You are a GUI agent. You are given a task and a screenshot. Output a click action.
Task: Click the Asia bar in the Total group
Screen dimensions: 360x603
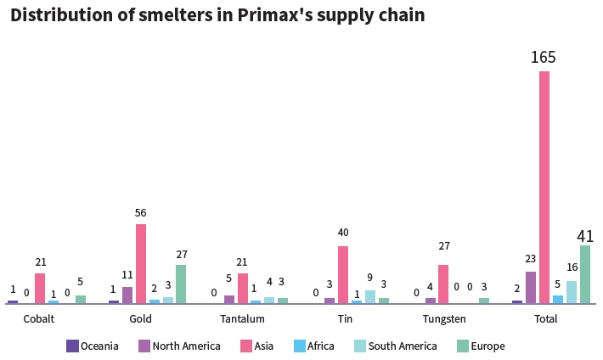point(544,187)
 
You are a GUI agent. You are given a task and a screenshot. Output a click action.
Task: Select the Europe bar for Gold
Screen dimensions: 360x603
point(181,284)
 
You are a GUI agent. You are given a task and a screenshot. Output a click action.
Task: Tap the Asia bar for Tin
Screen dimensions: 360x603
point(343,274)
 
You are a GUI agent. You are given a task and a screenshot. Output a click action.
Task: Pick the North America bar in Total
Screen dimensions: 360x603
point(531,287)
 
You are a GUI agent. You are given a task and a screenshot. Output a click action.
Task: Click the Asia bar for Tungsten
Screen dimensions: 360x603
point(443,284)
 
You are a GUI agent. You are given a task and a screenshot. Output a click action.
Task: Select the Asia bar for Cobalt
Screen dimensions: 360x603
point(40,288)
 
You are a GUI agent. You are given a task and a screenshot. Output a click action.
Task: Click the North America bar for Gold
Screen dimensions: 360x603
point(127,295)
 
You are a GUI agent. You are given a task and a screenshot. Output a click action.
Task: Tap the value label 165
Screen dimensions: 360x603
point(544,58)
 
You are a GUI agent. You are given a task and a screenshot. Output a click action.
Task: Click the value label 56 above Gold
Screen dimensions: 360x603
point(141,213)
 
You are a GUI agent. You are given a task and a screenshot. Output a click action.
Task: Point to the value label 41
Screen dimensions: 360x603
point(585,236)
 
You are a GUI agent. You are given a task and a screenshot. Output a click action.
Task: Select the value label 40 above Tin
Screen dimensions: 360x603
point(343,233)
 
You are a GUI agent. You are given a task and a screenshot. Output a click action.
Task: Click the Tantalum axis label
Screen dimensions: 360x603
point(242,319)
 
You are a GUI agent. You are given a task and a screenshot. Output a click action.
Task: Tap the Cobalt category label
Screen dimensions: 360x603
point(39,319)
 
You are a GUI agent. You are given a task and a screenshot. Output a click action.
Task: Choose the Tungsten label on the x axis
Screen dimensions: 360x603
point(444,319)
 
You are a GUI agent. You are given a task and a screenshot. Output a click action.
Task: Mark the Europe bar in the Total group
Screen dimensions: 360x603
point(585,274)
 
